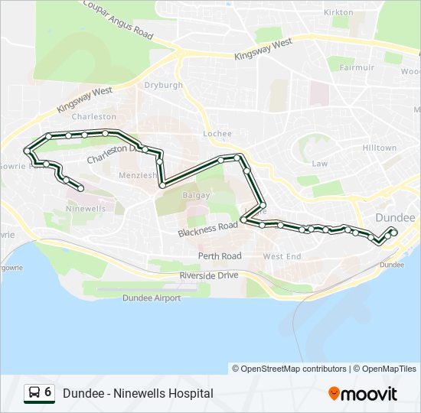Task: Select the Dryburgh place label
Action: (163, 86)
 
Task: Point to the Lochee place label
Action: (217, 134)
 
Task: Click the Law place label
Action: (319, 164)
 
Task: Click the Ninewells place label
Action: (86, 208)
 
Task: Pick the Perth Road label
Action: (220, 255)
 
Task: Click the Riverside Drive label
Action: (209, 275)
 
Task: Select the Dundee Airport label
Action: (152, 298)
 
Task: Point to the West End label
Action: (282, 256)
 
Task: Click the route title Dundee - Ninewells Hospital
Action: (138, 393)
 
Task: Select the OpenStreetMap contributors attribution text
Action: (289, 369)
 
